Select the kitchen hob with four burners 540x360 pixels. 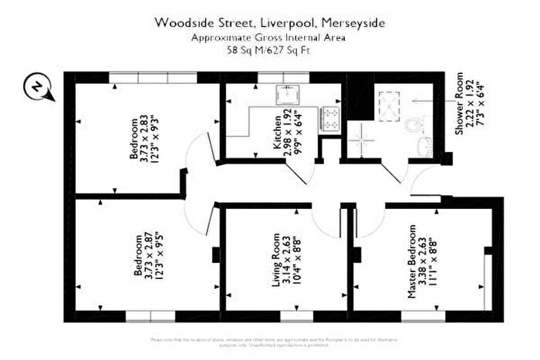tap(332, 116)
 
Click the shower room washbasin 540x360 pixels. tap(423, 146)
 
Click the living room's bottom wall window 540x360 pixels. tap(291, 315)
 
